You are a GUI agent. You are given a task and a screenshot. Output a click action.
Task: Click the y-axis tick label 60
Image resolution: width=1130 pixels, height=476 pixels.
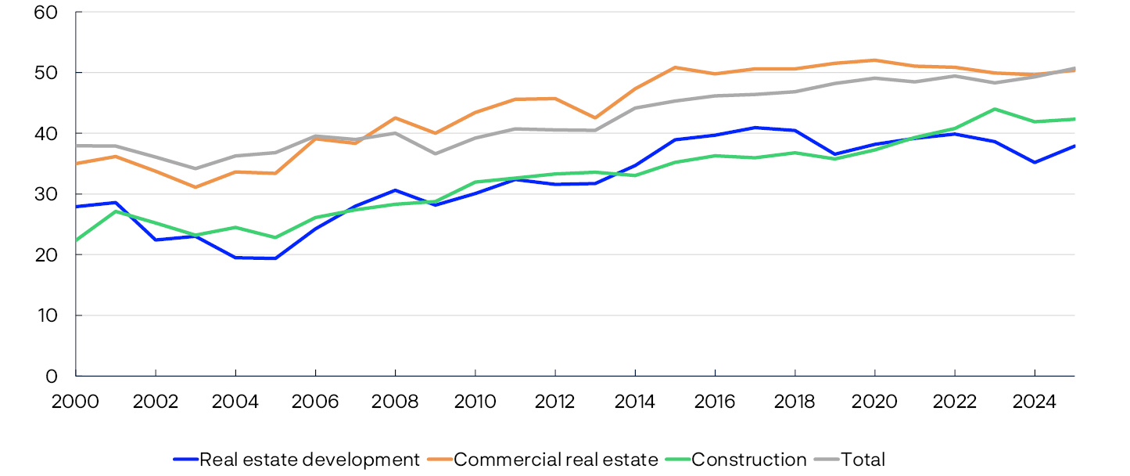pyautogui.click(x=48, y=13)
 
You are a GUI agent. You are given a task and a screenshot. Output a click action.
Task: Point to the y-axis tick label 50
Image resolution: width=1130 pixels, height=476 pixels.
pyautogui.click(x=48, y=73)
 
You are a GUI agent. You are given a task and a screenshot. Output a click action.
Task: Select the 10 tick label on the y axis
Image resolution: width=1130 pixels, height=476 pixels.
pyautogui.click(x=48, y=316)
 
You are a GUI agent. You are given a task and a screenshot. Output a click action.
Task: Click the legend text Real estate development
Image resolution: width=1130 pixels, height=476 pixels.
pyautogui.click(x=310, y=460)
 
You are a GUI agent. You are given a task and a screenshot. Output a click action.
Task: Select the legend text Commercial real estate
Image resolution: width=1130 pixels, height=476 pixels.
pyautogui.click(x=555, y=460)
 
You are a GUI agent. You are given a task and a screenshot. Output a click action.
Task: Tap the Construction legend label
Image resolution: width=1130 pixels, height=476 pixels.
pyautogui.click(x=748, y=460)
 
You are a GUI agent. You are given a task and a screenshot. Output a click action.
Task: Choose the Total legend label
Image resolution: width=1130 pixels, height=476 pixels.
pyautogui.click(x=863, y=460)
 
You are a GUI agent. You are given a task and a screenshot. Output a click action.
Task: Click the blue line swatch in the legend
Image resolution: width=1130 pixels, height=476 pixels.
pyautogui.click(x=185, y=460)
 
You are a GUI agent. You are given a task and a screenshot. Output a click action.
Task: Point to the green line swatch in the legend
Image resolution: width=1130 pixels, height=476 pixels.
pyautogui.click(x=677, y=460)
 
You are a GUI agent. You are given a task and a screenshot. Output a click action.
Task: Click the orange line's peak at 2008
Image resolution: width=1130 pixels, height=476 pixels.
pyautogui.click(x=396, y=118)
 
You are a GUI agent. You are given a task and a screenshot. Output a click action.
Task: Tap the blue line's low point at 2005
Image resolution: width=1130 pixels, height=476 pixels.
pyautogui.click(x=276, y=258)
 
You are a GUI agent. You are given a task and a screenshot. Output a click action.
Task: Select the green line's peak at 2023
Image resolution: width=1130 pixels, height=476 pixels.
pyautogui.click(x=995, y=109)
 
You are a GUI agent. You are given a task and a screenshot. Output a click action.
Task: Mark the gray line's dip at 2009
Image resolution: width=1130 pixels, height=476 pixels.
pyautogui.click(x=436, y=153)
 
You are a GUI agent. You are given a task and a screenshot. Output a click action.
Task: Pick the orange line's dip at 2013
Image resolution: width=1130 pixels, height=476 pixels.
pyautogui.click(x=595, y=118)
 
